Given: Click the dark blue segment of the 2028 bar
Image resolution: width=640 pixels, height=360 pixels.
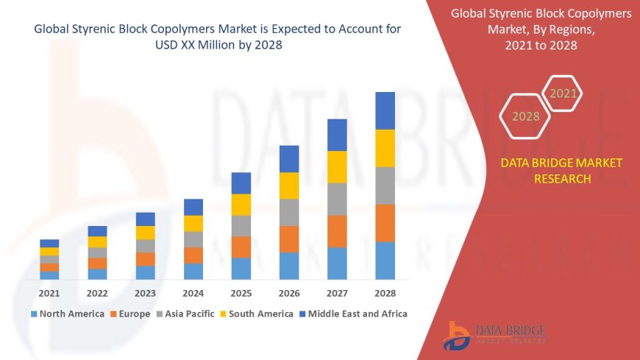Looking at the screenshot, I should coord(385,110).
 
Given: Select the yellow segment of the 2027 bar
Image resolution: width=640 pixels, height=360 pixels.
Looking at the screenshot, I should coord(337,167).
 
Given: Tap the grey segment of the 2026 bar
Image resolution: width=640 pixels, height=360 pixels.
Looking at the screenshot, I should coord(289,212).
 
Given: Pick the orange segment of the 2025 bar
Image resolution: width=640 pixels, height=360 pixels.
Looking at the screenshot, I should coord(241,247).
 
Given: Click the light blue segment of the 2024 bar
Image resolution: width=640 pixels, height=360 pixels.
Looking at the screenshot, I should coord(193,272).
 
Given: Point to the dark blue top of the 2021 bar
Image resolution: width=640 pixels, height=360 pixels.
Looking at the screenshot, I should coord(49,243).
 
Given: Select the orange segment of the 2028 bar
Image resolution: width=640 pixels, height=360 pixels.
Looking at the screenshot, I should coord(385,223).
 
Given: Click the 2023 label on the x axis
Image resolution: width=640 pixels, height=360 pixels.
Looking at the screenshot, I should coord(145,293).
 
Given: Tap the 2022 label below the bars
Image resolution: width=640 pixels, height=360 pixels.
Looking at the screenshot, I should coord(97,293).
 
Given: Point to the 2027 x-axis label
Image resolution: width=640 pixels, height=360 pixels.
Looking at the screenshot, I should coord(337,293).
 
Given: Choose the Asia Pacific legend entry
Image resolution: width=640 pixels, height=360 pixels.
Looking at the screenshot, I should coord(184,314).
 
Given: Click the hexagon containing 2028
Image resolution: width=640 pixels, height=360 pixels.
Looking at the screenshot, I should coord(526,116).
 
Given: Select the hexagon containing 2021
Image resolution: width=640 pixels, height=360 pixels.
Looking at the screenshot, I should coord(563,93).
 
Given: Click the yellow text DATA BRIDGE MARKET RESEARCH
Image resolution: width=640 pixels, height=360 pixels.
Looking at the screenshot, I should coord(561,171).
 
